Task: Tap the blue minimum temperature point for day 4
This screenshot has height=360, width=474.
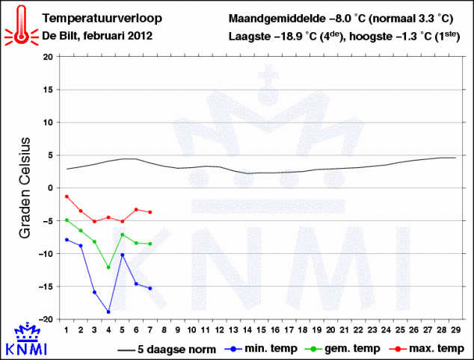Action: (x=108, y=311)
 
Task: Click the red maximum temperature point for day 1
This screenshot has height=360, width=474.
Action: (x=67, y=196)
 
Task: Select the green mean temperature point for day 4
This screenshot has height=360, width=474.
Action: (x=108, y=267)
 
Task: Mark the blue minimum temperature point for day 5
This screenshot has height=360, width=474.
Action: (x=122, y=255)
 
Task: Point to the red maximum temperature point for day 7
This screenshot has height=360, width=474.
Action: (x=150, y=212)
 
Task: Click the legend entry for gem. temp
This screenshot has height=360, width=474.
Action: (x=347, y=349)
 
